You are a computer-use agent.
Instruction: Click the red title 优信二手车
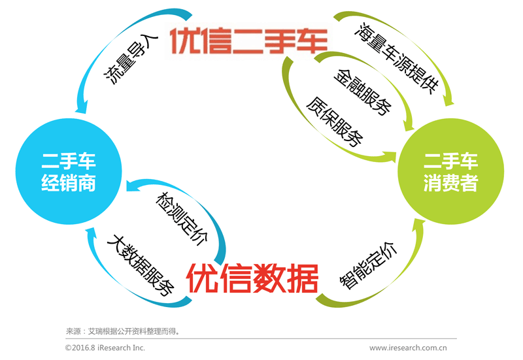248,40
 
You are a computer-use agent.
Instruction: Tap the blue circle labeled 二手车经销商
68,172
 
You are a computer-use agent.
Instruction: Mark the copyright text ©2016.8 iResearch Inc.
105,348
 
